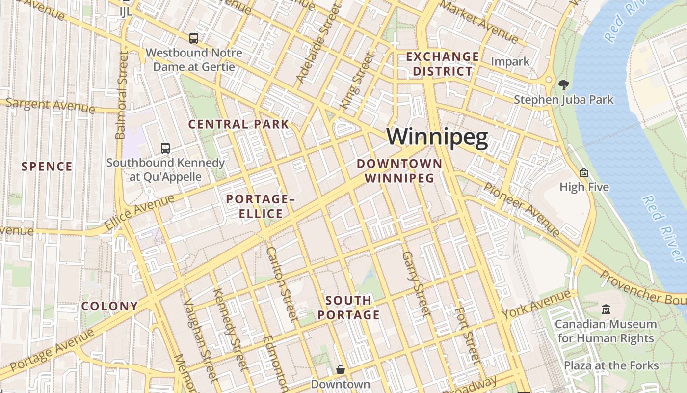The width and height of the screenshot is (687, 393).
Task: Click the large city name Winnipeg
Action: (x=437, y=138)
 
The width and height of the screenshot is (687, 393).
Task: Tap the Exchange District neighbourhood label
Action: (x=442, y=64)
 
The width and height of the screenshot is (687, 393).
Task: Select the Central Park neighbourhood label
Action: (x=239, y=124)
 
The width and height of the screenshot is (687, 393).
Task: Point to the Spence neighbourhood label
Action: (x=47, y=167)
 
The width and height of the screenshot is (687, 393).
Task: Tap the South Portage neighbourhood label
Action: (x=348, y=308)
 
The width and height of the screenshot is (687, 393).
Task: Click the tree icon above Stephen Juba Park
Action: (x=564, y=85)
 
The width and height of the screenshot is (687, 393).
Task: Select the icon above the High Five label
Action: (x=584, y=172)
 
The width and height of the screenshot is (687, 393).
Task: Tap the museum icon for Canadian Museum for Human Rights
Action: (x=606, y=309)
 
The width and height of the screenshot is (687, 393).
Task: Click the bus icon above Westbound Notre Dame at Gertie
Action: (x=194, y=38)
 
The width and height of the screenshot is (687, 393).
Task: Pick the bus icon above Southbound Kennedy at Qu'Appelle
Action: (x=165, y=148)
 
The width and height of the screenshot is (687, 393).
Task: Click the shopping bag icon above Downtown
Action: (x=341, y=370)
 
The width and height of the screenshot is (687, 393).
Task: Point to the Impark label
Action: (x=510, y=62)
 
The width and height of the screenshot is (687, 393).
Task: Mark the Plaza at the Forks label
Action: (x=611, y=365)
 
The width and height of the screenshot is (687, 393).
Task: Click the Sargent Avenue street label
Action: (x=50, y=105)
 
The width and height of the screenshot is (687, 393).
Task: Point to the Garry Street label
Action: (x=416, y=283)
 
